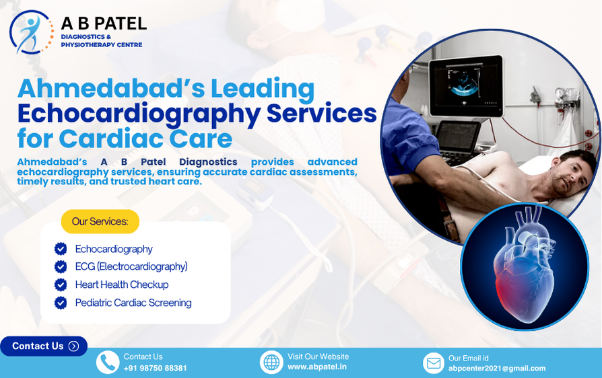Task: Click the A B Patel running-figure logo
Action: point(31,32)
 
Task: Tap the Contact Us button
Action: point(44,346)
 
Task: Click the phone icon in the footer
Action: point(108,362)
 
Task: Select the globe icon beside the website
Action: point(271,362)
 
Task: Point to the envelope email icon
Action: point(434,363)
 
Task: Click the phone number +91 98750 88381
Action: point(155,368)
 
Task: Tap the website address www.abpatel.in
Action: point(317,367)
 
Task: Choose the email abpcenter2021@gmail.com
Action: point(497,369)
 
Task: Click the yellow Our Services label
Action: point(100,221)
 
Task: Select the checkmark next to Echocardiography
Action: point(61,249)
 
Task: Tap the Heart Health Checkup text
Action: point(122,285)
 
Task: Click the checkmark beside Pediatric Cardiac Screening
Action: point(61,303)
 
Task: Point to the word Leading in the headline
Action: point(263,89)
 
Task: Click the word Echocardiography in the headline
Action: point(139,114)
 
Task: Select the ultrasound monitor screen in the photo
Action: point(465,85)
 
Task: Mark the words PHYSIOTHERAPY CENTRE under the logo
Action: point(102,45)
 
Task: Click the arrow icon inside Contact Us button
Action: point(73,346)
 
